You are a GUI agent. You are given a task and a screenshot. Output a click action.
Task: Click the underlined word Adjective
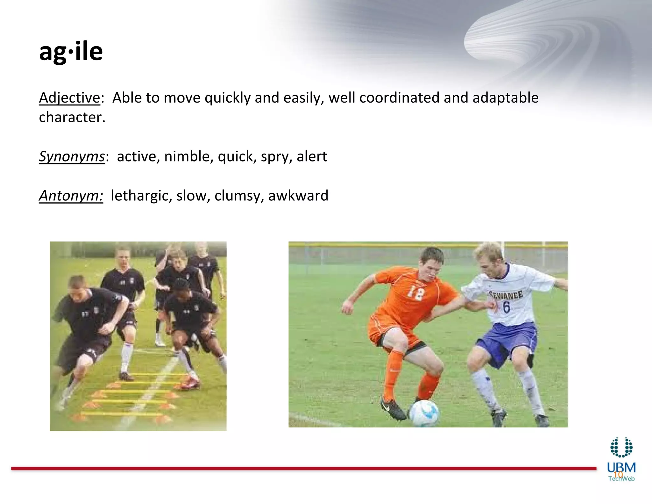coord(69,97)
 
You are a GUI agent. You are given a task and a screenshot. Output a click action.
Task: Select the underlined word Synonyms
coord(72,156)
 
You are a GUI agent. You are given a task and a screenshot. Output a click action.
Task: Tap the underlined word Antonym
coord(71,196)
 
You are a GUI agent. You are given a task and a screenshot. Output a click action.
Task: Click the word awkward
coord(298,196)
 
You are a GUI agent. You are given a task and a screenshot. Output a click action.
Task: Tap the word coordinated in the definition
coord(399,97)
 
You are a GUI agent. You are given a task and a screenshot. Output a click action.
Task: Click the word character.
coord(72,117)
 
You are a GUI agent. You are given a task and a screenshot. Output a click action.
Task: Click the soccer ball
coord(424,413)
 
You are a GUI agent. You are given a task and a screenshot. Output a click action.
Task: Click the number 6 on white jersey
coord(506,307)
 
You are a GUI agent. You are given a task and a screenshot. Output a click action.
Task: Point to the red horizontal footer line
coord(302,469)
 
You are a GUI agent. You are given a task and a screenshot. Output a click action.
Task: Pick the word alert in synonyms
coord(312,156)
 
